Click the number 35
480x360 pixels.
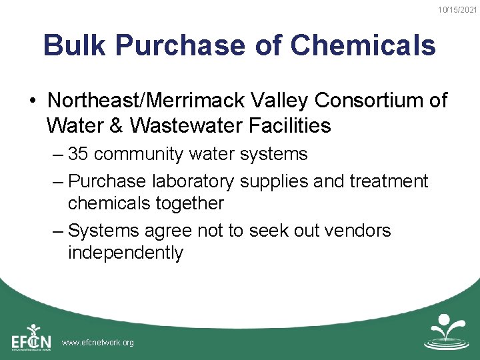(79, 154)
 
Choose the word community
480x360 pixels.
(139, 154)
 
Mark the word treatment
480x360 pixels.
(387, 181)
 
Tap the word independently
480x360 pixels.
(125, 253)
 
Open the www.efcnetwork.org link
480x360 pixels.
(97, 343)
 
